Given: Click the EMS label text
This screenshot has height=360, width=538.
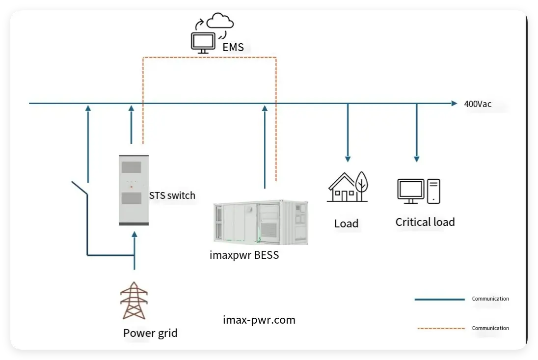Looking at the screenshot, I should coord(233,48).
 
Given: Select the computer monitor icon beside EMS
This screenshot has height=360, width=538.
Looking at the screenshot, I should coord(203,42).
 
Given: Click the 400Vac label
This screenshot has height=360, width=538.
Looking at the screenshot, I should coord(478,104).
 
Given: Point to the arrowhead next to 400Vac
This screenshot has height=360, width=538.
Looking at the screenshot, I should coord(454,104).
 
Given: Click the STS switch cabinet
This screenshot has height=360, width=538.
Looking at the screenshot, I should coord(134,190).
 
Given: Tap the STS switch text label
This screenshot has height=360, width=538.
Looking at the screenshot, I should coord(172,195).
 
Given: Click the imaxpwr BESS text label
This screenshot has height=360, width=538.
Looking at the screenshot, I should coord(244,255).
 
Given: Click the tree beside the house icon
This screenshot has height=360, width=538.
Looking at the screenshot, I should coord(361,185).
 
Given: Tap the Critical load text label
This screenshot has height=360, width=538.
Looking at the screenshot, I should coord(425,222).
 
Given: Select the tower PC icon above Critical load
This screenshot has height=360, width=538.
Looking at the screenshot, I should coord(433,191).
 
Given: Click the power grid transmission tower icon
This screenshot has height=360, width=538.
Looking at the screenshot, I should coord(134,300).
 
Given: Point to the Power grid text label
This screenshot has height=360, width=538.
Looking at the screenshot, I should coord(150,333).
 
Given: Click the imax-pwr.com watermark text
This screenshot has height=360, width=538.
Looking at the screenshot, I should coord(259,320).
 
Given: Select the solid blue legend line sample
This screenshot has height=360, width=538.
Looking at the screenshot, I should coord(439,299).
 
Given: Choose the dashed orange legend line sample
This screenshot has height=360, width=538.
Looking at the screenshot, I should coord(439,328).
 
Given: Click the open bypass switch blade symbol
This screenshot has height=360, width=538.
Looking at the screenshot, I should coord(80,188).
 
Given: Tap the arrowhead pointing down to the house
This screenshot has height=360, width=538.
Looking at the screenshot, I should coord(348,159).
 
